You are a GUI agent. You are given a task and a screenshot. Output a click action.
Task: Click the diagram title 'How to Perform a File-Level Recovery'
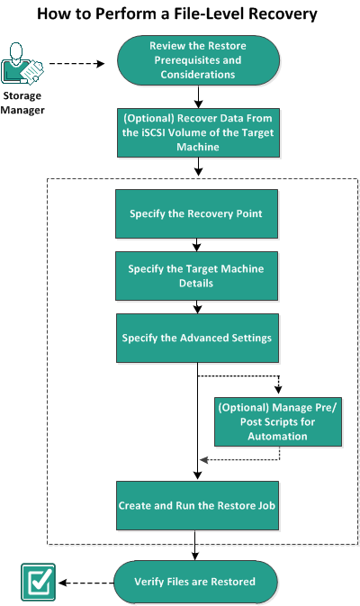[x=180, y=15]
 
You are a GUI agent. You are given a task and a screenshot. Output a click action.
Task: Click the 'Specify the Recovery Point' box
[x=197, y=215]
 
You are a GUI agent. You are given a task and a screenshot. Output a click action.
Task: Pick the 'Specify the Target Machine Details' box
[x=197, y=276]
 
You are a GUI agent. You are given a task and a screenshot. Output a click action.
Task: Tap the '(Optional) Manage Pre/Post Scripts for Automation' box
[x=278, y=421]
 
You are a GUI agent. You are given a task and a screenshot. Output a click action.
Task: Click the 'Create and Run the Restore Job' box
[x=197, y=506]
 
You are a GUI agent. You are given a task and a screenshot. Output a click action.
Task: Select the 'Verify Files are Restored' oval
[x=197, y=581]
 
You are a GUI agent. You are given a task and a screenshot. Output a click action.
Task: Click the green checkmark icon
[x=38, y=582]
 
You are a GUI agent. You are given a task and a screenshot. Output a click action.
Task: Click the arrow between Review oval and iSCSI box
[x=197, y=97]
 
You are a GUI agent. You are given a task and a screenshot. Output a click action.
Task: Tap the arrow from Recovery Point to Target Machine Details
[x=197, y=245]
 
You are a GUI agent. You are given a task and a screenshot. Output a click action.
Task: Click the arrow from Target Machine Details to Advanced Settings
[x=197, y=306]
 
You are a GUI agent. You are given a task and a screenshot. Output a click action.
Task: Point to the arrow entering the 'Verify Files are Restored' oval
[x=197, y=551]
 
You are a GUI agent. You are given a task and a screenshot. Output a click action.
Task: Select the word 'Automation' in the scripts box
[x=278, y=435]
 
